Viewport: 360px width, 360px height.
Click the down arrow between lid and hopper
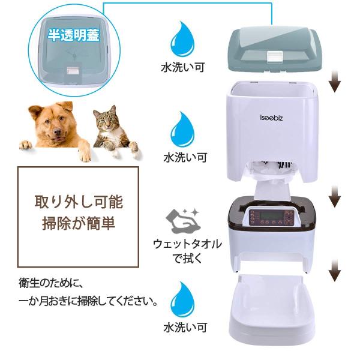(335, 82)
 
